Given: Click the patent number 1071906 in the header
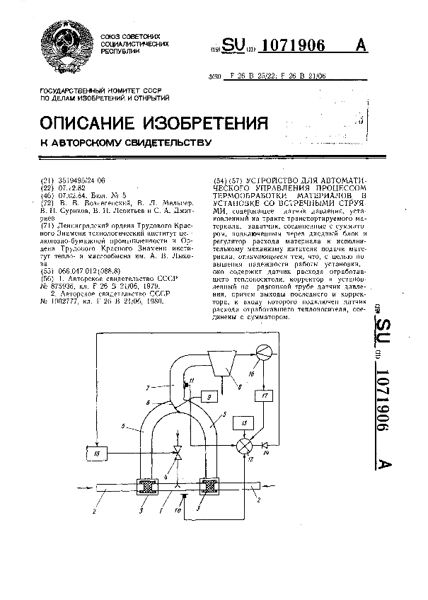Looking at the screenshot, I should pos(292,46).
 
